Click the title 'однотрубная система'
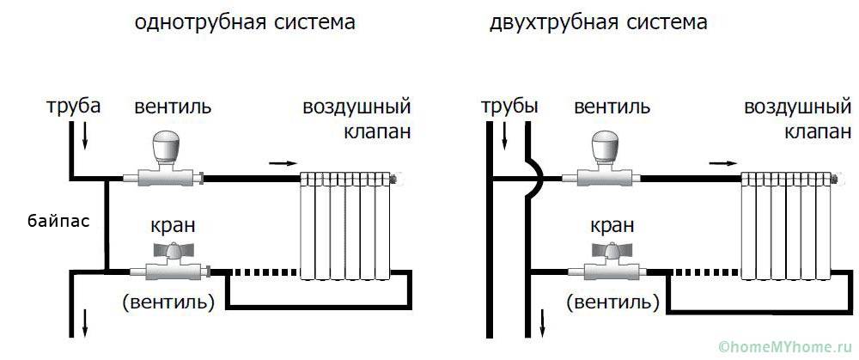click(245, 23)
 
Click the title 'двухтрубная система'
click(599, 23)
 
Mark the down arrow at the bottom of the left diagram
click(86, 325)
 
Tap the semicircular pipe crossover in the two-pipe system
click(534, 178)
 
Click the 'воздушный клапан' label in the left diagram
click(356, 120)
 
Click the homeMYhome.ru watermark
click(786, 346)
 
